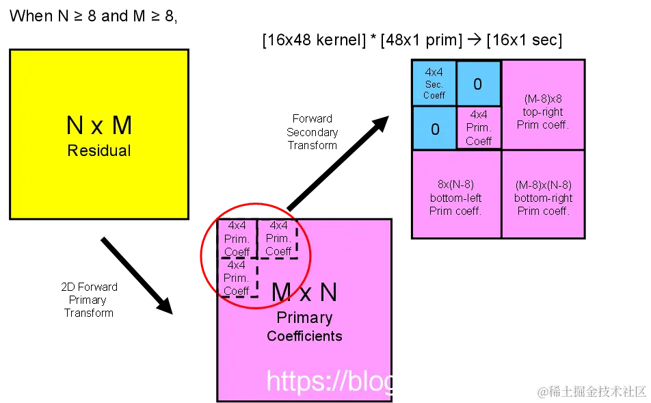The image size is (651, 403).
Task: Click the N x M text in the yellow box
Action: [99, 126]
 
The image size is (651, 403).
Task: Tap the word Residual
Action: [99, 151]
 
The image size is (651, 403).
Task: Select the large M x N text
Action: [304, 293]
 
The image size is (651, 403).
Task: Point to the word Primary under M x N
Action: [304, 318]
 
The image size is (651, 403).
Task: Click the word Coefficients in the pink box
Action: [304, 336]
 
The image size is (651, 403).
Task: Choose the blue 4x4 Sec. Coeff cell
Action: [434, 83]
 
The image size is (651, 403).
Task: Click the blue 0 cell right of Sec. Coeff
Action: [478, 84]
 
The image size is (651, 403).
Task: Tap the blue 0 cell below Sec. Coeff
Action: [435, 129]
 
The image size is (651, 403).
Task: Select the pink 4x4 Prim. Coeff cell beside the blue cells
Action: [479, 128]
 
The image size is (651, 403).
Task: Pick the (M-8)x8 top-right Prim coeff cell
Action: [543, 112]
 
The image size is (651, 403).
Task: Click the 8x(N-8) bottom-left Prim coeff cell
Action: [455, 197]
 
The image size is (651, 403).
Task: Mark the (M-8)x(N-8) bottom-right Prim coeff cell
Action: [543, 197]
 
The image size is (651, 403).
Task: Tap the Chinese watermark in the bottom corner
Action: [591, 391]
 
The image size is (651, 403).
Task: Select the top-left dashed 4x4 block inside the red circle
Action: [237, 238]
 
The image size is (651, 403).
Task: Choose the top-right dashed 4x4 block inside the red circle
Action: [278, 238]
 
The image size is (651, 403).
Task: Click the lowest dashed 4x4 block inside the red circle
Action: [237, 277]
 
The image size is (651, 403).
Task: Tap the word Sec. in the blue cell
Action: [434, 84]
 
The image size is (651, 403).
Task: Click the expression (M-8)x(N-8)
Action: [543, 185]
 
